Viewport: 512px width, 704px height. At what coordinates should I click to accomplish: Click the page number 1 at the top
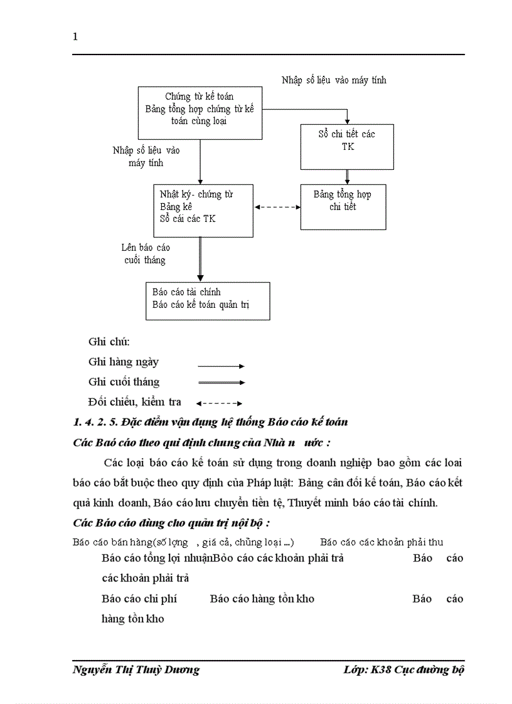(x=75, y=36)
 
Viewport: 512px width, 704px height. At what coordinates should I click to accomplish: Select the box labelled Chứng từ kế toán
(x=200, y=113)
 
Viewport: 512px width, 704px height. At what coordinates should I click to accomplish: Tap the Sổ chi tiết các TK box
(x=347, y=146)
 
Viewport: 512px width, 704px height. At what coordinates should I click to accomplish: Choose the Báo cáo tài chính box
(x=207, y=301)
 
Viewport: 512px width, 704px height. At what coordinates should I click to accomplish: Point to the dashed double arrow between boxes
(x=277, y=207)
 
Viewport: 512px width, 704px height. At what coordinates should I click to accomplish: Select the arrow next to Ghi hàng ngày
(x=221, y=366)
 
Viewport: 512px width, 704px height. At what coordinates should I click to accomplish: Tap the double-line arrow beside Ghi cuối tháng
(x=221, y=382)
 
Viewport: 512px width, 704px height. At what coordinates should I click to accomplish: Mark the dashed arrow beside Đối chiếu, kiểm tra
(x=220, y=403)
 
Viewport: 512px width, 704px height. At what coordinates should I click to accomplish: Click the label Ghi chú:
(x=109, y=342)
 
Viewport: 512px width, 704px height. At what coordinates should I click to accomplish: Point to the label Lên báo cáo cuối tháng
(x=145, y=253)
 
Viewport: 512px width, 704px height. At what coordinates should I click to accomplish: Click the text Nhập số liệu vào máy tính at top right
(x=334, y=80)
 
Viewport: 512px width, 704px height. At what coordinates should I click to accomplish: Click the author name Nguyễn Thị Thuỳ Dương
(x=136, y=670)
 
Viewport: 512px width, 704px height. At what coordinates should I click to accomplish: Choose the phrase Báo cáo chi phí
(x=139, y=599)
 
